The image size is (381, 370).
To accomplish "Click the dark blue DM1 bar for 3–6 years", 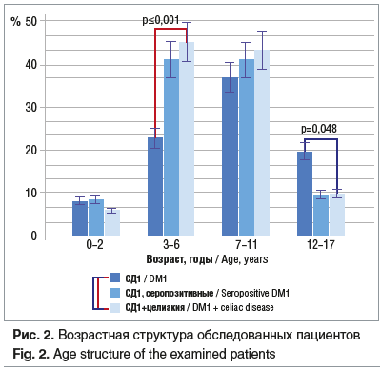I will click(155, 187).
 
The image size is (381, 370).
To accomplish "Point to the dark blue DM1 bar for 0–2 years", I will click(80, 218).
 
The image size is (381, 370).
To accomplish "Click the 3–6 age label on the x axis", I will click(171, 245).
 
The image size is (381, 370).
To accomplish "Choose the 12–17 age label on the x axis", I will click(320, 245).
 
